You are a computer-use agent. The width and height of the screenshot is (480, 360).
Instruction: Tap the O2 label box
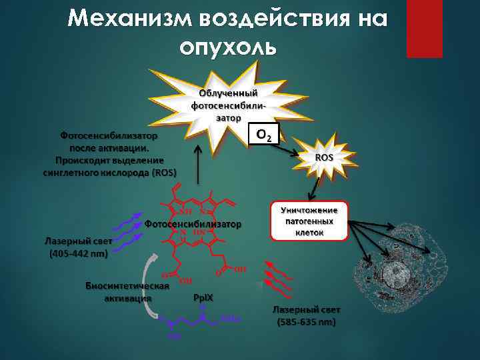pyautogui.click(x=263, y=136)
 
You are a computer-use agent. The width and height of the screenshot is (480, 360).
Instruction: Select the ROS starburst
pyautogui.click(x=323, y=157)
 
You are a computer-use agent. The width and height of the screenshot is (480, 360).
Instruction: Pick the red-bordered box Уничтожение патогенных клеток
pyautogui.click(x=309, y=220)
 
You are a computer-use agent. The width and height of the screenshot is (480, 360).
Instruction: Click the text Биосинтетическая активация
pyautogui.click(x=127, y=291)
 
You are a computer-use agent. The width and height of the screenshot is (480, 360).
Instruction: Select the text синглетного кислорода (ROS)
pyautogui.click(x=110, y=173)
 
